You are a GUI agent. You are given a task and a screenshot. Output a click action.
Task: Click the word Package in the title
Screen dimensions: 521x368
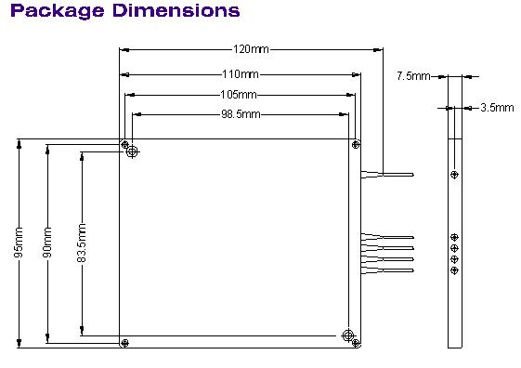pos(58,11)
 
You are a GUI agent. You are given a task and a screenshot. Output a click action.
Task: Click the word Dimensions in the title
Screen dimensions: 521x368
pos(176,10)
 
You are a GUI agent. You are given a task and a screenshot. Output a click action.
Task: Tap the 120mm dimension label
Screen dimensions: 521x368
pos(251,49)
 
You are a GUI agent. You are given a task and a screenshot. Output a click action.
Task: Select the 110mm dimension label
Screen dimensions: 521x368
pos(241,73)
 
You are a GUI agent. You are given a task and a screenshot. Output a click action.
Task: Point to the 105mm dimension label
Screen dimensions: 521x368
pos(239,95)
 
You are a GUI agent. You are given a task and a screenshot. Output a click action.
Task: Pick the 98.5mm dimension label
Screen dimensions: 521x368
pos(241,114)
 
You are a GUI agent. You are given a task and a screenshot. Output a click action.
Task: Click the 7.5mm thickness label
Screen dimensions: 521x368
pos(413,76)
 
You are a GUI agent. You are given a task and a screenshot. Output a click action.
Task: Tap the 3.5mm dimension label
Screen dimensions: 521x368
pos(497,108)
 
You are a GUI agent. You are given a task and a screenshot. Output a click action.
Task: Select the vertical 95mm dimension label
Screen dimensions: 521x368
pos(19,243)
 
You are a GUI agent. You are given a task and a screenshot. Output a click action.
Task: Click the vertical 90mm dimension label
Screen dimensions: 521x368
pos(47,243)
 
